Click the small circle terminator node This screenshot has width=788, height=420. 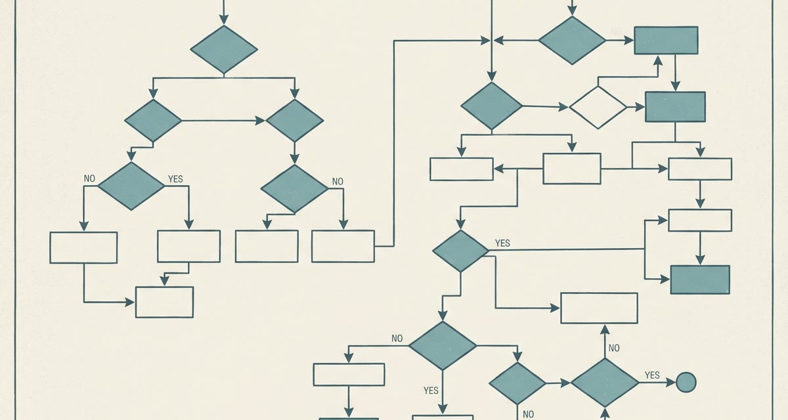[x=686, y=382]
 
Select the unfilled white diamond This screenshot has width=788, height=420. [x=598, y=107]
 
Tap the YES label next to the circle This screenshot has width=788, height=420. [x=652, y=375]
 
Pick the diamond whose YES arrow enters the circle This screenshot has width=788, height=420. [x=605, y=383]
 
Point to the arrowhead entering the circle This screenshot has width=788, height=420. [x=671, y=383]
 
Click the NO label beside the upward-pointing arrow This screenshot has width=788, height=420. [x=614, y=348]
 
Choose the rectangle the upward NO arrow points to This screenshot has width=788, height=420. [x=599, y=308]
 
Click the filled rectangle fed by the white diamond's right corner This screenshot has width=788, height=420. [x=675, y=107]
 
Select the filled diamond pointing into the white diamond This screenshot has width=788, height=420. [x=491, y=106]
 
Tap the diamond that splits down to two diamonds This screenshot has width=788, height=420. [x=224, y=49]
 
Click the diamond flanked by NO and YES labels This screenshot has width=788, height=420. [x=131, y=186]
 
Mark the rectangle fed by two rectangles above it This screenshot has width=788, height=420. [x=164, y=303]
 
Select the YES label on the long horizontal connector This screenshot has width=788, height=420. [x=502, y=243]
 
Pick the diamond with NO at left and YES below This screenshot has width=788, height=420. [x=443, y=345]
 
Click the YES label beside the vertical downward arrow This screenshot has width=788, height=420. [x=431, y=390]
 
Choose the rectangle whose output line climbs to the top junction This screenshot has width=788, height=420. [x=343, y=246]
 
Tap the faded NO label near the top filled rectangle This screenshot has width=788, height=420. [x=616, y=31]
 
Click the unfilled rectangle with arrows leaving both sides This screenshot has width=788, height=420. [x=572, y=169]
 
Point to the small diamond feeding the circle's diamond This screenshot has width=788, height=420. [x=517, y=383]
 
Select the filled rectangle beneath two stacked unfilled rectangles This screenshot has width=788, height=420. [x=700, y=280]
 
